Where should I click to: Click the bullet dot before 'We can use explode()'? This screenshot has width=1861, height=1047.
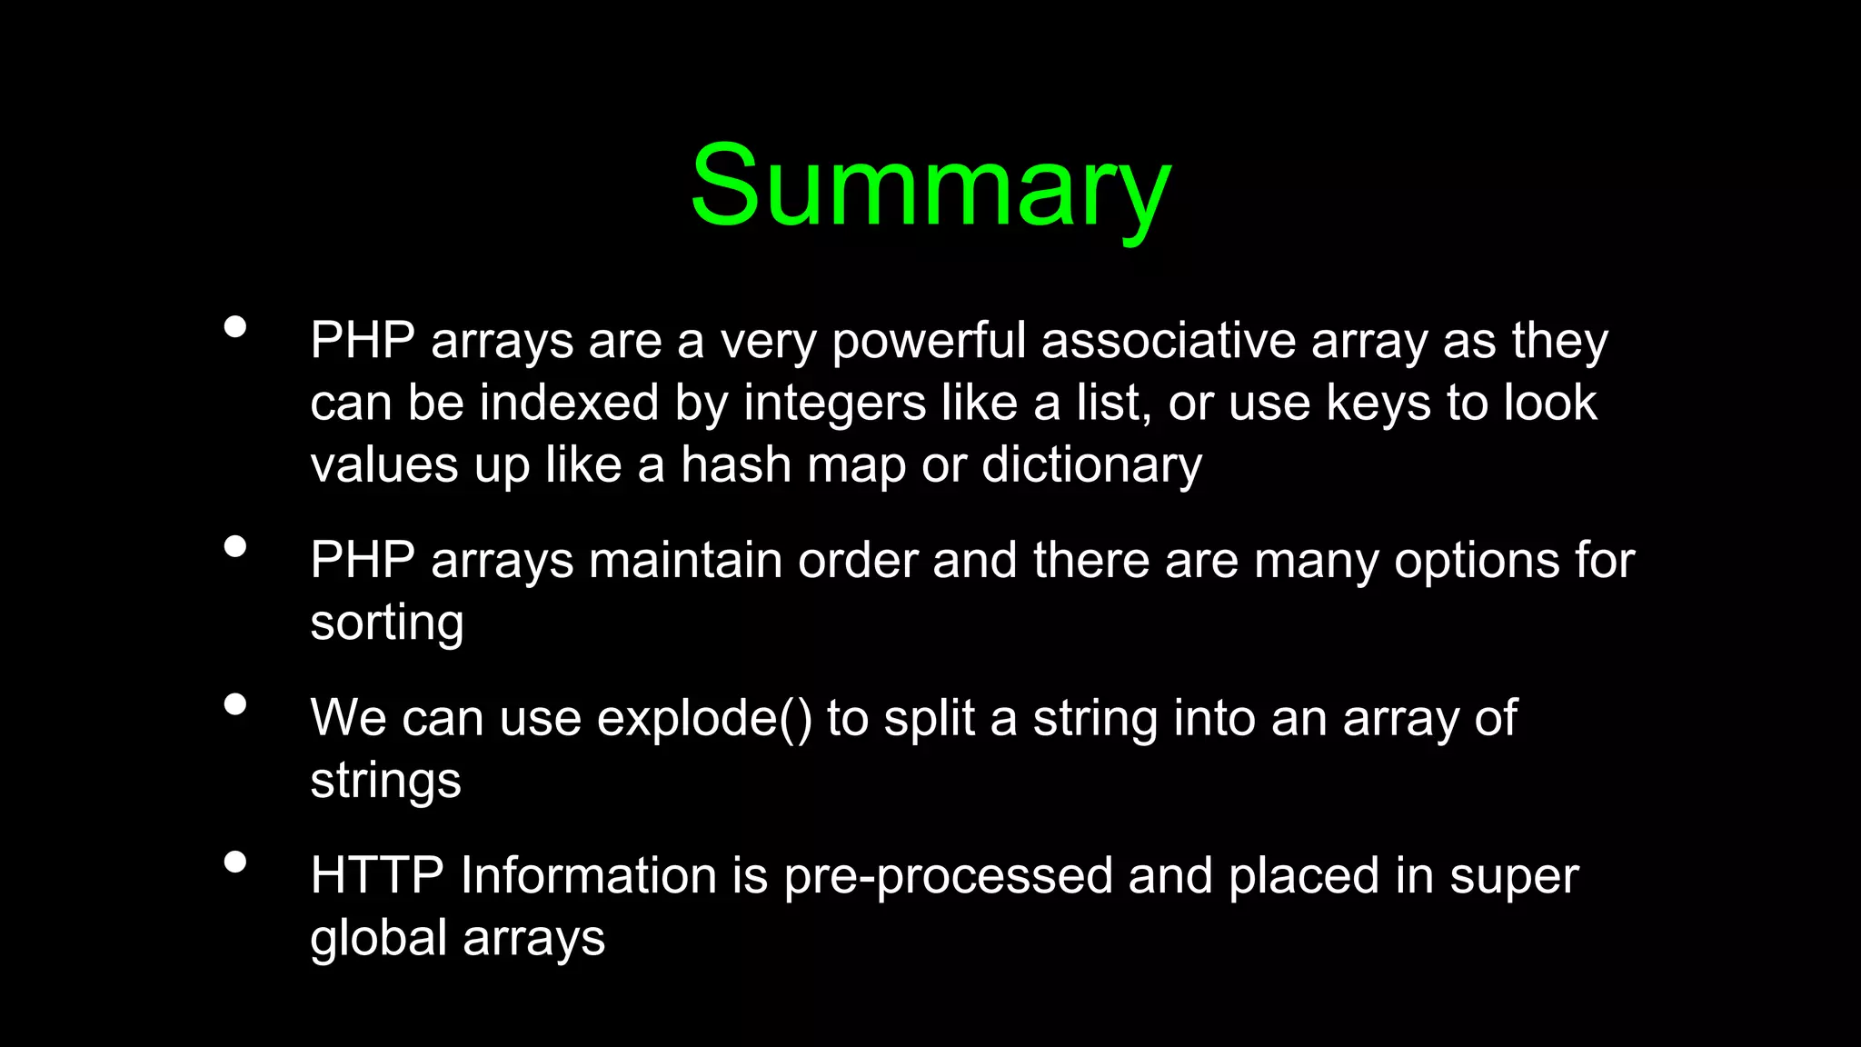[235, 704]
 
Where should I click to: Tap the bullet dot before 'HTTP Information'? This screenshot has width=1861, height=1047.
[235, 862]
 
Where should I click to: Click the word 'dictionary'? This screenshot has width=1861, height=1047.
[1091, 465]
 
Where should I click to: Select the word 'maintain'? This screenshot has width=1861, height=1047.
[685, 560]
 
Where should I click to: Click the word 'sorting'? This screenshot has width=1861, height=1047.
[387, 623]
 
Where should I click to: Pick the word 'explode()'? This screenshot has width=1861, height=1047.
[704, 718]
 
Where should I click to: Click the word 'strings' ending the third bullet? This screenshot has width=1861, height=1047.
[385, 781]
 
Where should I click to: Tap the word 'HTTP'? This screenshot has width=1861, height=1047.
[376, 876]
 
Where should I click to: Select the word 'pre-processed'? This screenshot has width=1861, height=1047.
[948, 876]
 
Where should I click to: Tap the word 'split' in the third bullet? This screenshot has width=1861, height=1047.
[929, 718]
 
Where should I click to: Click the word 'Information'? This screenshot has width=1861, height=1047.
[589, 876]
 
